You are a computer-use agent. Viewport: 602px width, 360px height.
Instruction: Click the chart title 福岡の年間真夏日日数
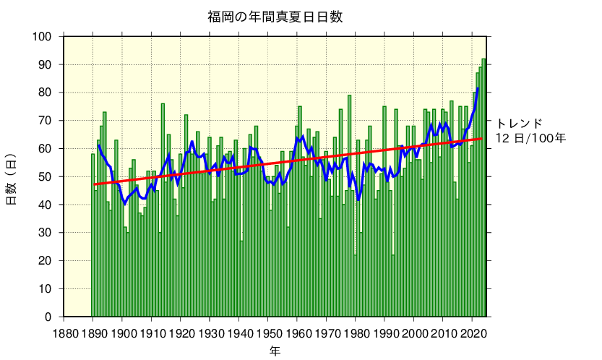click(275, 17)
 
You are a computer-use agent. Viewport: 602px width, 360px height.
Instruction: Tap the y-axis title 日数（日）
click(12, 179)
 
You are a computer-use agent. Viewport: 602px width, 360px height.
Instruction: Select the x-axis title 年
click(275, 351)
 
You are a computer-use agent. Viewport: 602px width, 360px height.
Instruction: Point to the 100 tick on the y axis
click(43, 37)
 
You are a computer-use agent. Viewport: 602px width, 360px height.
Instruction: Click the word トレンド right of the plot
click(519, 123)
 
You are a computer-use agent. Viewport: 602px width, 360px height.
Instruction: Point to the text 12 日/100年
click(531, 137)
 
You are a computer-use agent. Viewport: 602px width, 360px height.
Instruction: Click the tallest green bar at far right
click(484, 188)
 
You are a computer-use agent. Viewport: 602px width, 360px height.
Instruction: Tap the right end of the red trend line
click(482, 139)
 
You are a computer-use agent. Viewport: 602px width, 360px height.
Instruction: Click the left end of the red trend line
click(94, 185)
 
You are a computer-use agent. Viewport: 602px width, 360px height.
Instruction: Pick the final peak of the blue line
click(478, 89)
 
